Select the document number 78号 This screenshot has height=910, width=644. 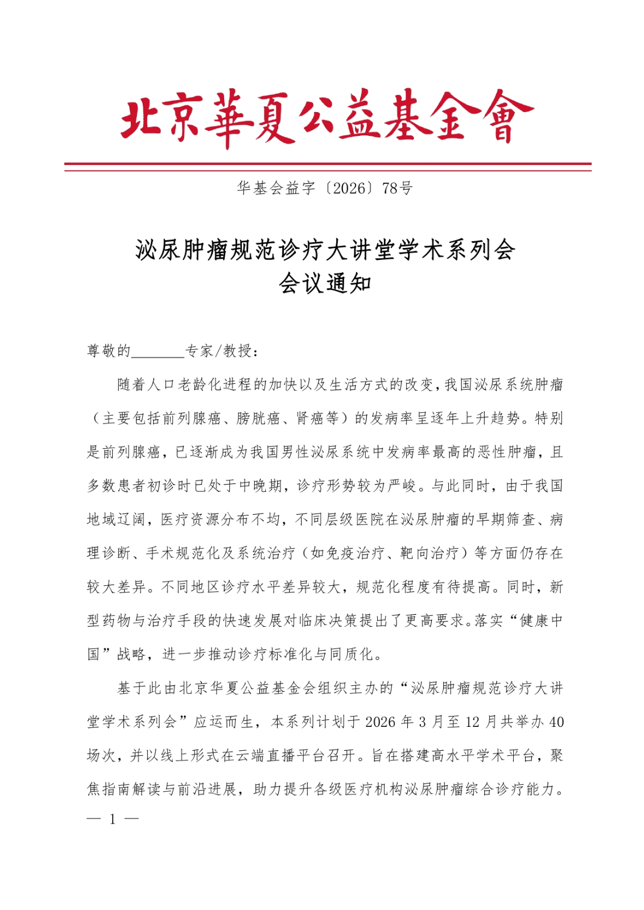point(398,188)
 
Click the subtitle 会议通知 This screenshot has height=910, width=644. point(325,283)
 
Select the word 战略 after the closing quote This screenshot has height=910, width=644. point(131,654)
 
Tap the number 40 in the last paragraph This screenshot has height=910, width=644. point(556,722)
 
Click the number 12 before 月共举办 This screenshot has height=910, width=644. point(472,722)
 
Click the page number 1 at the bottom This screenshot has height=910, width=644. point(113,819)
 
